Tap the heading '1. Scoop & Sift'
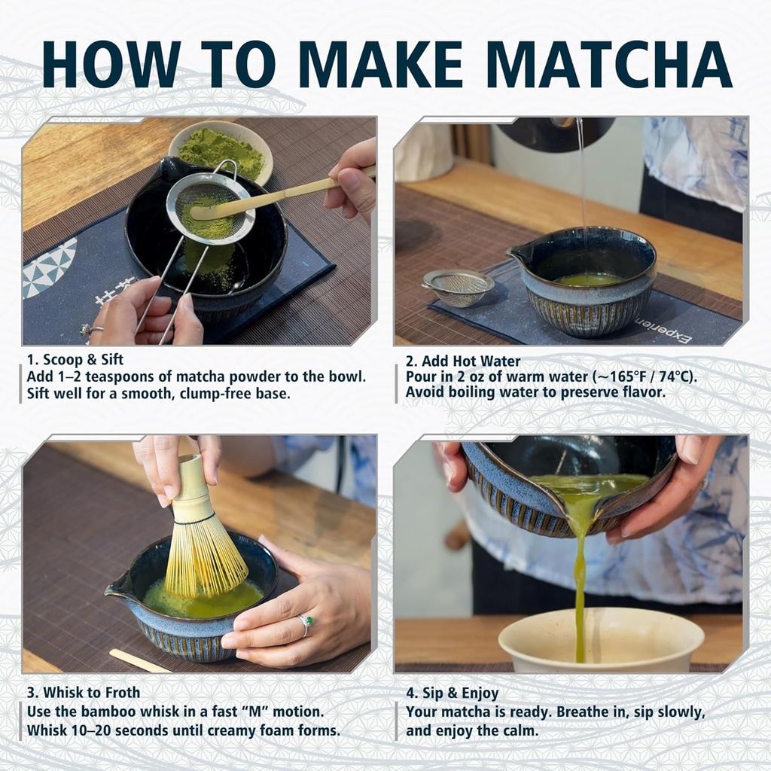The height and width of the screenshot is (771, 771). pyautogui.click(x=75, y=360)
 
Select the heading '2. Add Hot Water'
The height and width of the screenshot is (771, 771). pyautogui.click(x=462, y=361)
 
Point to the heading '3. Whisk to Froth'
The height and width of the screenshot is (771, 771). pyautogui.click(x=83, y=693)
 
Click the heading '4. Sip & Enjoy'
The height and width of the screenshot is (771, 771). pyautogui.click(x=452, y=693)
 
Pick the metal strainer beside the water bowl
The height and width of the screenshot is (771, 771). pyautogui.click(x=457, y=286)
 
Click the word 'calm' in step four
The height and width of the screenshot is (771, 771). pyautogui.click(x=521, y=730)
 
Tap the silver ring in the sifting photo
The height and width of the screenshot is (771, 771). pyautogui.click(x=87, y=329)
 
